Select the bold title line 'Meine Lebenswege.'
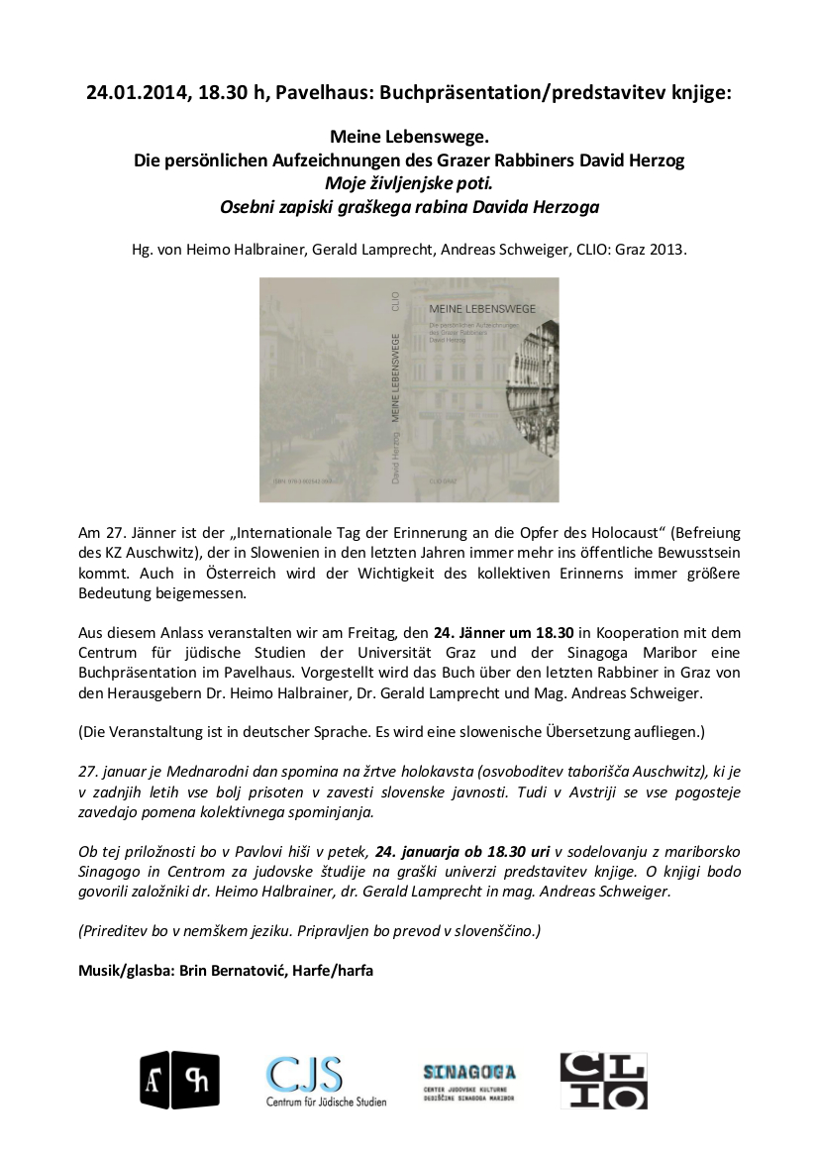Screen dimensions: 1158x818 click(409, 139)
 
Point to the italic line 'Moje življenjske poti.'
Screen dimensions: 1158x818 click(409, 184)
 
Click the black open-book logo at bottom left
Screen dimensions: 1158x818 click(179, 1079)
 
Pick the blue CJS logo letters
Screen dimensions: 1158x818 click(304, 1072)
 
